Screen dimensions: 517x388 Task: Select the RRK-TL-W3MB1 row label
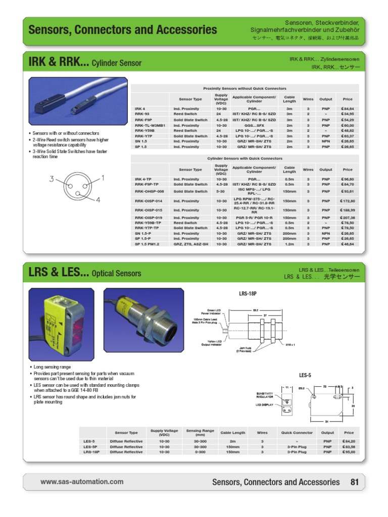(150, 125)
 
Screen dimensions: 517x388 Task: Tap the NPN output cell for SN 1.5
(326, 141)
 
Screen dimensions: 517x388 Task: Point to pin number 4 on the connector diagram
(98, 200)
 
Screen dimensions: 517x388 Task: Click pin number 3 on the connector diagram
(52, 179)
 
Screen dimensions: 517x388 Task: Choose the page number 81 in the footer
(355, 482)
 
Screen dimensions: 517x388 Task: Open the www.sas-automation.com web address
(82, 482)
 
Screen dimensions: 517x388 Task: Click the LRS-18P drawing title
(248, 293)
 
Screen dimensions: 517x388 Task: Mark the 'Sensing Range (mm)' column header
(200, 433)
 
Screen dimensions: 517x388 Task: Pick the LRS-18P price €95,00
(348, 452)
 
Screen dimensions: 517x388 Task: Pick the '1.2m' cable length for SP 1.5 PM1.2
(289, 244)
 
